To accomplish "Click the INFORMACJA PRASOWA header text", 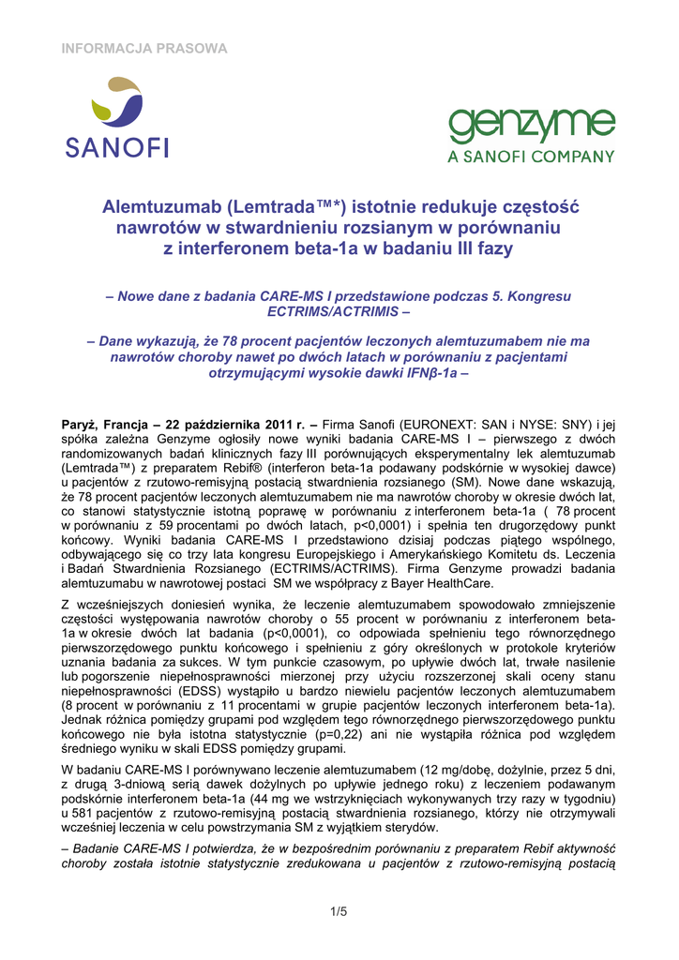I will (144, 48).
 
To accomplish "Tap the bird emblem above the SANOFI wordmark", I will (116, 104).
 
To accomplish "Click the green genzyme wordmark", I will (531, 127).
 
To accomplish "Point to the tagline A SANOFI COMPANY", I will (531, 157).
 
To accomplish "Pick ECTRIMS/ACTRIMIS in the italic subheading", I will (339, 311).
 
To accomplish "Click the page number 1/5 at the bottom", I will (339, 910).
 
